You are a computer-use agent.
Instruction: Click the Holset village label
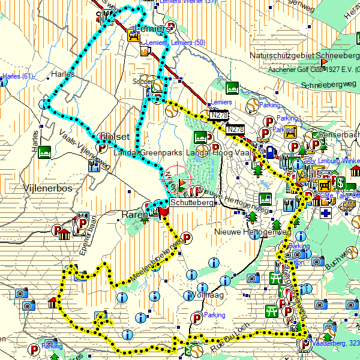(115, 136)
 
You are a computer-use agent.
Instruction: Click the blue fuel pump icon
(271, 152)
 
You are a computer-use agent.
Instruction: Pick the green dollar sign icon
(340, 182)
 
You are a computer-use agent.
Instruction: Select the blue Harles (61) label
(17, 76)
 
